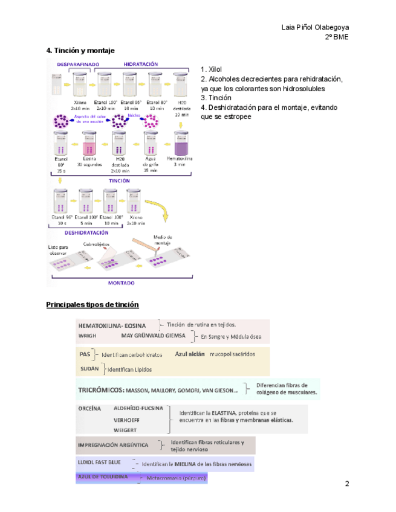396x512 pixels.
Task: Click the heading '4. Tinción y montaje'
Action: [80, 51]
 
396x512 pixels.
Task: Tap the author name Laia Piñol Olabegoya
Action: [315, 28]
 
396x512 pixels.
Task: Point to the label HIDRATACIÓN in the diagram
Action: [141, 63]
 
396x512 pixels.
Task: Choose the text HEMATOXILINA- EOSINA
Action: [112, 325]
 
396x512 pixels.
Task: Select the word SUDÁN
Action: [89, 368]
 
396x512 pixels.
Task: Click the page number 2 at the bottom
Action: [347, 484]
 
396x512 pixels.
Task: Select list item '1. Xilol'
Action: [212, 70]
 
